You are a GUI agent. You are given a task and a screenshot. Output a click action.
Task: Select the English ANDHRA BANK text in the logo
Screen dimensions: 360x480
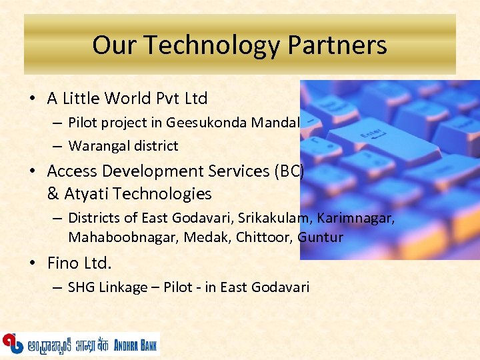[135, 345]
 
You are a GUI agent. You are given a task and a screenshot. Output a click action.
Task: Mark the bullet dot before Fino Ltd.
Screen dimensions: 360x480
[33, 263]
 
